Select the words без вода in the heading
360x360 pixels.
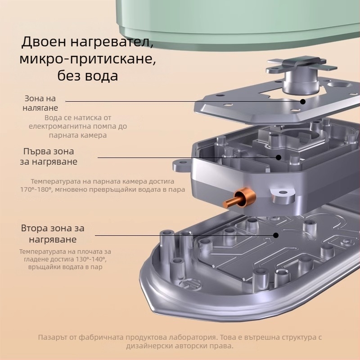coord(88,75)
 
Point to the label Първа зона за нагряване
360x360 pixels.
coord(48,156)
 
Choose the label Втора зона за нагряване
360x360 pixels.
coord(52,234)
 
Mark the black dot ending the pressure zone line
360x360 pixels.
coord(303,102)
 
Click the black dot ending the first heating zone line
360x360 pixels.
coord(279,157)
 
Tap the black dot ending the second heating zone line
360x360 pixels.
coord(276,234)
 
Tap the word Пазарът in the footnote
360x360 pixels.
coord(53,337)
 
